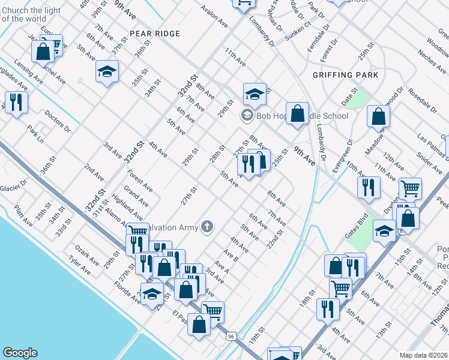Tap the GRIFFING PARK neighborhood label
pyautogui.click(x=346, y=75)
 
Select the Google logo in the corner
pyautogui.click(x=20, y=353)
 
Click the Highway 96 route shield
pyautogui.click(x=231, y=337)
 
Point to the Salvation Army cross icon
pyautogui.click(x=207, y=226)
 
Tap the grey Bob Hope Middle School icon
pyautogui.click(x=247, y=115)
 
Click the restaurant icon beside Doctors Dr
pyautogui.click(x=16, y=102)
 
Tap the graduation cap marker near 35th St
pyautogui.click(x=107, y=72)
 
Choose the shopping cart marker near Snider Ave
pyautogui.click(x=411, y=188)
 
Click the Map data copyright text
pyautogui.click(x=424, y=355)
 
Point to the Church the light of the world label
pyautogui.click(x=31, y=14)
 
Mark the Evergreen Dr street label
pyautogui.click(x=343, y=155)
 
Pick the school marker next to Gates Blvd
pyautogui.click(x=384, y=231)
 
